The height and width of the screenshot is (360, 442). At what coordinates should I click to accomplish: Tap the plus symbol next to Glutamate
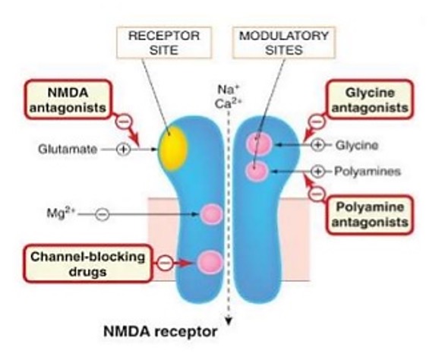coord(123,150)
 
